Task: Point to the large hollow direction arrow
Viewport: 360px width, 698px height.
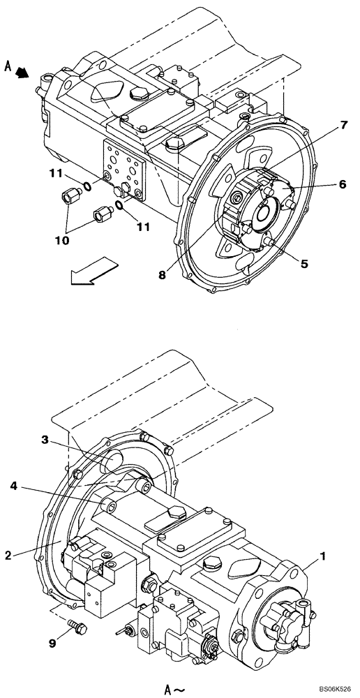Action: click(x=91, y=272)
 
